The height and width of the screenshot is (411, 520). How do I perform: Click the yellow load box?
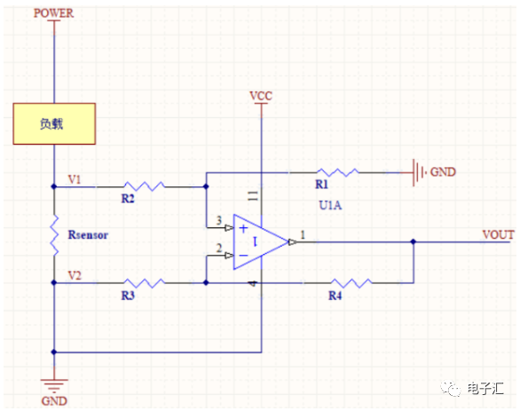pyautogui.click(x=54, y=123)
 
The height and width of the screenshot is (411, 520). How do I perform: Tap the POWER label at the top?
pyautogui.click(x=53, y=13)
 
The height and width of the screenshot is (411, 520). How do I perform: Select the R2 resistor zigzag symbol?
pyautogui.click(x=145, y=186)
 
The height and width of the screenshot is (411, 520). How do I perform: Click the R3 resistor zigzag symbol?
pyautogui.click(x=145, y=282)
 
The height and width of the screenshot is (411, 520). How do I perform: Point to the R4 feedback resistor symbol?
pyautogui.click(x=351, y=282)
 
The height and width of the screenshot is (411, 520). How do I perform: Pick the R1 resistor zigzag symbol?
pyautogui.click(x=337, y=172)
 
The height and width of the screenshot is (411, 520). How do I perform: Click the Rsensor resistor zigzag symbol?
pyautogui.click(x=54, y=235)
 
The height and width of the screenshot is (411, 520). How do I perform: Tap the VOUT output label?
pyautogui.click(x=498, y=235)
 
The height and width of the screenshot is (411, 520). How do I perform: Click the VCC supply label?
pyautogui.click(x=261, y=96)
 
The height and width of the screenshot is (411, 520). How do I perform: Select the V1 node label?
pyautogui.click(x=75, y=179)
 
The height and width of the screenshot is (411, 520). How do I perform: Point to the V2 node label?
pyautogui.click(x=75, y=275)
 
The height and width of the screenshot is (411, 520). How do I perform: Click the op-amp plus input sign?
pyautogui.click(x=243, y=228)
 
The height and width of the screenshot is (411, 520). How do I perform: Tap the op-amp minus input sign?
pyautogui.click(x=243, y=256)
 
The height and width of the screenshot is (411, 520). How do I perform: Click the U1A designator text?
pyautogui.click(x=330, y=205)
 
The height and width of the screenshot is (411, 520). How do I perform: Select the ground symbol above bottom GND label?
pyautogui.click(x=54, y=386)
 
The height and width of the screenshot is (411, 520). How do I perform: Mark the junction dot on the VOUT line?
pyautogui.click(x=414, y=241)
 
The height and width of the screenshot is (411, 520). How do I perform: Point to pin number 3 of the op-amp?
pyautogui.click(x=219, y=220)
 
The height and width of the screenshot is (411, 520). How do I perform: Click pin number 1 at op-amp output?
pyautogui.click(x=303, y=235)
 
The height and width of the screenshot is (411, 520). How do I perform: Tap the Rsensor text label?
pyautogui.click(x=88, y=235)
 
